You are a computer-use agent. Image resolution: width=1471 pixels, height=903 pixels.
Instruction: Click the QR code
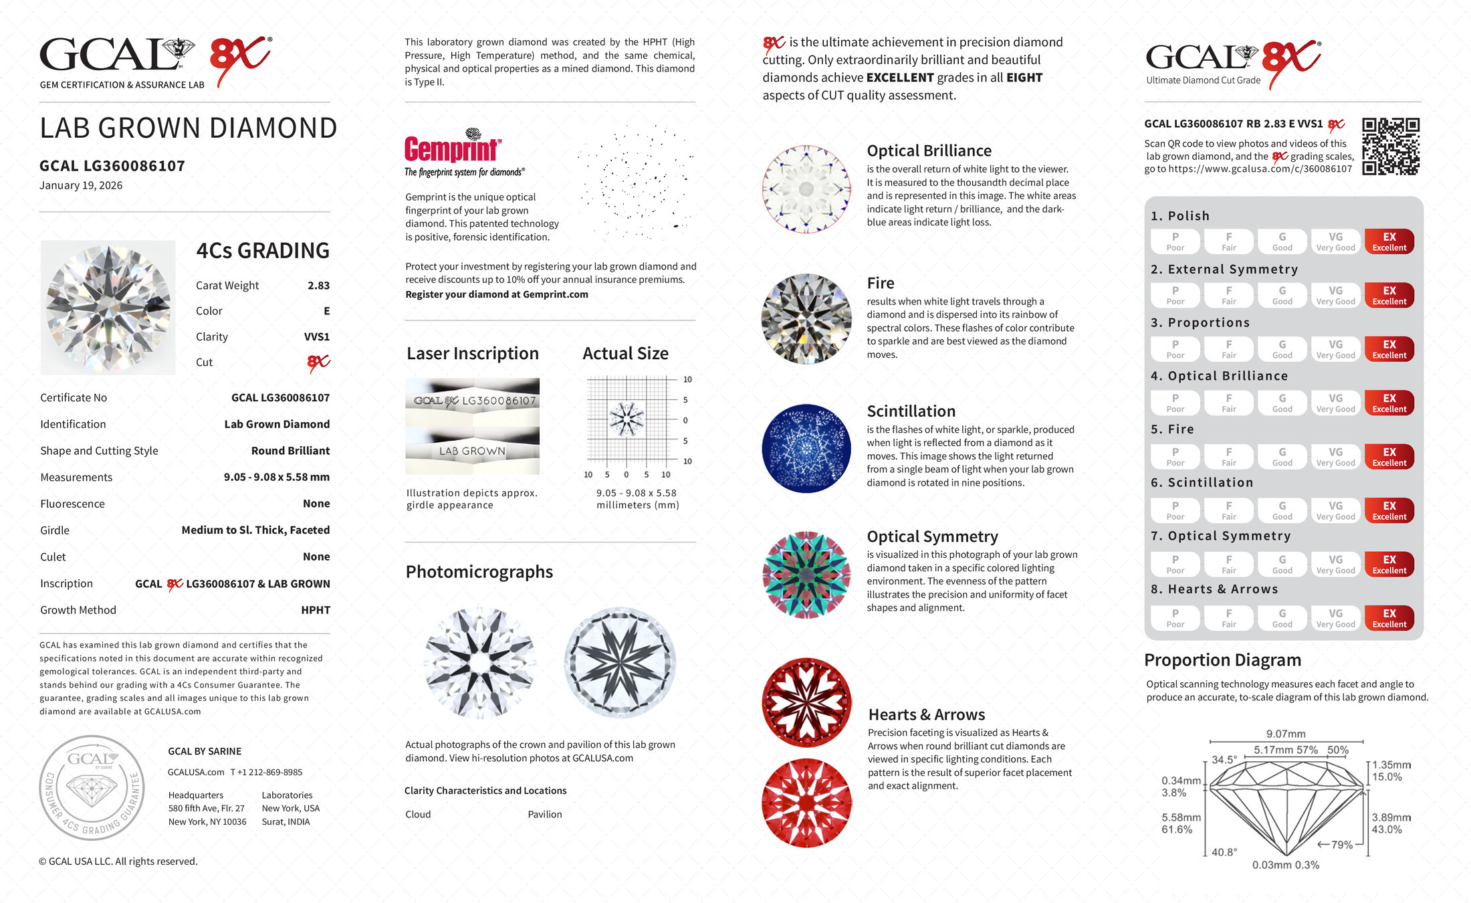point(1391,146)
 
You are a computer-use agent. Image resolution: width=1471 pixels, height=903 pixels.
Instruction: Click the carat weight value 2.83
point(318,286)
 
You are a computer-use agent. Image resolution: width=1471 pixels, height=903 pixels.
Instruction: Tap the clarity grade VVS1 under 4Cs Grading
point(316,337)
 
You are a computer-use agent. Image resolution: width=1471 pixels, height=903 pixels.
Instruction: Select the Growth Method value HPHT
point(316,610)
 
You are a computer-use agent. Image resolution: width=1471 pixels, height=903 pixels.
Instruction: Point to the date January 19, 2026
point(81,185)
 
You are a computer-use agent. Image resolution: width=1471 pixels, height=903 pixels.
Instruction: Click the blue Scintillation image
point(806,449)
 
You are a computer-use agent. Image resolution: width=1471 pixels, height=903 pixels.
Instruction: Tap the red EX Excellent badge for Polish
point(1389,241)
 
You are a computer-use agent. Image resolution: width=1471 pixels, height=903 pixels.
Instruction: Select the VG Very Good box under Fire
point(1335,457)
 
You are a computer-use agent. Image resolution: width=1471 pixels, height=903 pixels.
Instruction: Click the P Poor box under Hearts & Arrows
point(1175,618)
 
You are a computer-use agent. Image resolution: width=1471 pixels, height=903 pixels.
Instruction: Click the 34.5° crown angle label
point(1224,760)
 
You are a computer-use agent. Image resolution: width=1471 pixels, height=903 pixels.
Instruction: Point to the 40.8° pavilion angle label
point(1224,852)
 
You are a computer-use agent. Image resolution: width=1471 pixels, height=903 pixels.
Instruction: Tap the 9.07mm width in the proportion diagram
point(1285,734)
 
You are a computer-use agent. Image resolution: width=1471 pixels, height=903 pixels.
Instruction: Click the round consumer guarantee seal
point(92,788)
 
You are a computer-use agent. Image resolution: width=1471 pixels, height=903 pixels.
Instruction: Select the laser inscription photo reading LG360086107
point(472,401)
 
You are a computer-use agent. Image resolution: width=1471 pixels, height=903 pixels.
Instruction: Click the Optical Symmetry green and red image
point(806,575)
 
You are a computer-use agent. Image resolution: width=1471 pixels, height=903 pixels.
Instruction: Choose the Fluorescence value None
point(316,504)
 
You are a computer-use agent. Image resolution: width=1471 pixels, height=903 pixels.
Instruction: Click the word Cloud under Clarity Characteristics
point(418,814)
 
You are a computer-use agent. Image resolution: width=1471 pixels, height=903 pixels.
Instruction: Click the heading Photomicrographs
point(479,572)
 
